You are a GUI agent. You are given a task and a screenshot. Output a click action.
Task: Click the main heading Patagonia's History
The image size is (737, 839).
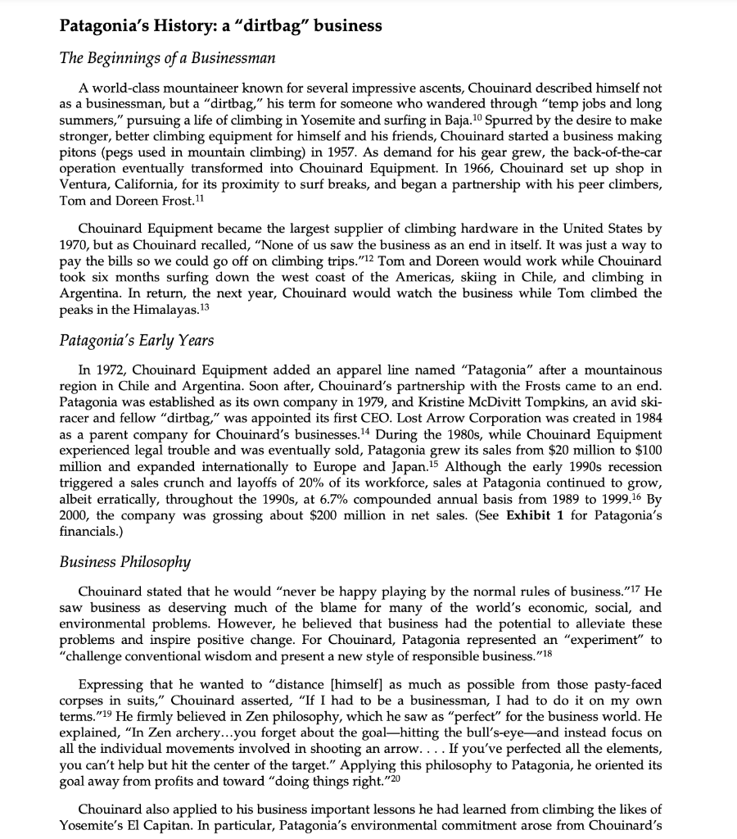pos(220,25)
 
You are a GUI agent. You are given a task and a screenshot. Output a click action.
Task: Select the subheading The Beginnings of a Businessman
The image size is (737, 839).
pos(167,58)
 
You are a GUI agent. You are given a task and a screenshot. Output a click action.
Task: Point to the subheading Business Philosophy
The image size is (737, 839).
pos(125,561)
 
